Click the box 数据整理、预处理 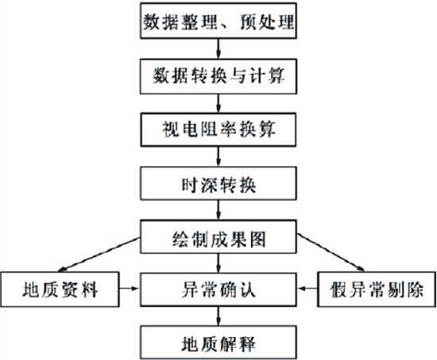(218, 21)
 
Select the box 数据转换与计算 (218, 76)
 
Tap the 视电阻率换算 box (218, 130)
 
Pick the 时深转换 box (218, 184)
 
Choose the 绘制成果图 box (218, 237)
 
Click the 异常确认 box (218, 289)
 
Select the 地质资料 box (60, 289)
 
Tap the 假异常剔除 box (377, 289)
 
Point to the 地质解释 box (218, 343)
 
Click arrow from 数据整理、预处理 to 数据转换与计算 (218, 48)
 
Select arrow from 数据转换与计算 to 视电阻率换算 (218, 103)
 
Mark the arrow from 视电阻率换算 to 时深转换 (218, 157)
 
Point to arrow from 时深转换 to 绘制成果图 (218, 210)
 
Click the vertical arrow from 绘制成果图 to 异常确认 (218, 263)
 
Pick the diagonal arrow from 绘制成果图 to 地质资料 (99, 254)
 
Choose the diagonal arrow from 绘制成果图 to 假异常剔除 (331, 253)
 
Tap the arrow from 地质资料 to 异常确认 (129, 288)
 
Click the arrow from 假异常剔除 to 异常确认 (307, 288)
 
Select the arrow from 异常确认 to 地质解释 (218, 316)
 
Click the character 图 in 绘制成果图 (257, 239)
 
